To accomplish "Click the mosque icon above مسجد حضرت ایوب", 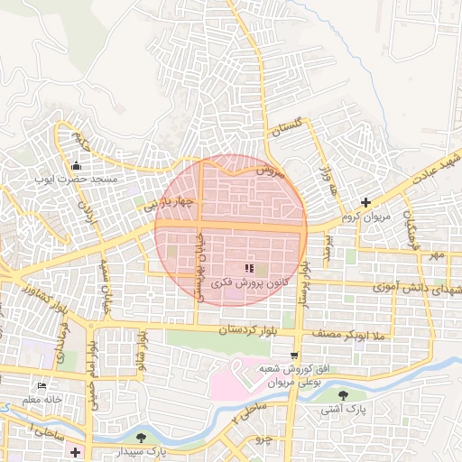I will tap(77, 165).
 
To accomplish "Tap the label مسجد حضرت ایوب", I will tap(77, 180).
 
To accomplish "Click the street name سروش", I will tap(269, 169).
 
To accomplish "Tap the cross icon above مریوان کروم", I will tap(365, 202).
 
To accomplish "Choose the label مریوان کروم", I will tap(365, 217).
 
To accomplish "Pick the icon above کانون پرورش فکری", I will tap(250, 268).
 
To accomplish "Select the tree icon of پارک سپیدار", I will tap(140, 438).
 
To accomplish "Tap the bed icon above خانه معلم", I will tap(42, 385).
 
